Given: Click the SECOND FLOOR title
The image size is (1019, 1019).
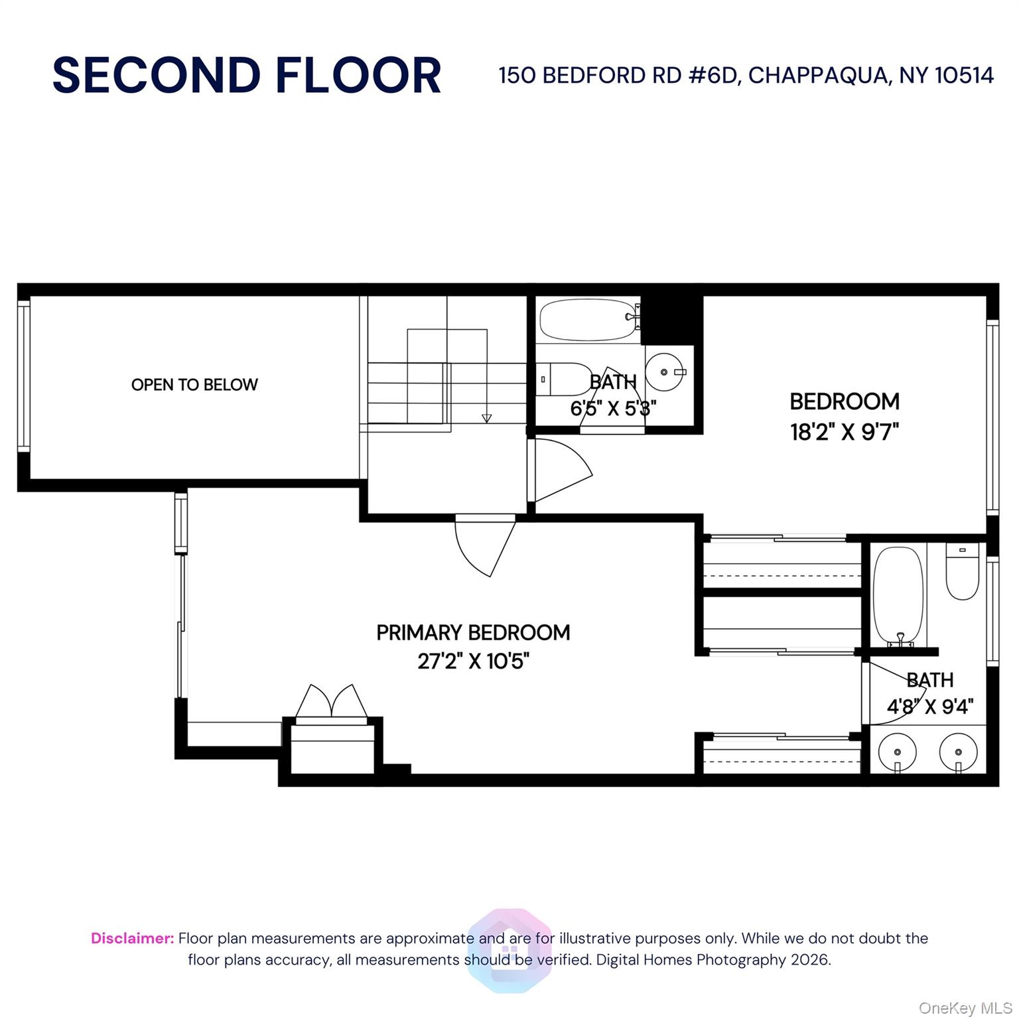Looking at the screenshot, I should (247, 75).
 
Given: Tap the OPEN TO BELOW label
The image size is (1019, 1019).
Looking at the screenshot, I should (194, 385).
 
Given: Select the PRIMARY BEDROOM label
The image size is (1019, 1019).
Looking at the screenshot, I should (473, 633).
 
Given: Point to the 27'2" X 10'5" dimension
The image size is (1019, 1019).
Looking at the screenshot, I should (473, 661).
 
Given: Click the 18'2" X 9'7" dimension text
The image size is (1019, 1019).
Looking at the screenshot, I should (844, 433).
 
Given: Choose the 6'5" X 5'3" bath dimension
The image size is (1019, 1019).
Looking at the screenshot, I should (613, 408).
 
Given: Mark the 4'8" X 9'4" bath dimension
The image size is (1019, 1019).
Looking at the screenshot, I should (930, 707).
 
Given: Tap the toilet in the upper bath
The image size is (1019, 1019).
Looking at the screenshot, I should (565, 379).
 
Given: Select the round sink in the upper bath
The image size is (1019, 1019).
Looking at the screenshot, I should (665, 372).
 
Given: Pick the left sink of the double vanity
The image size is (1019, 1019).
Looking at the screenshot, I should (897, 752).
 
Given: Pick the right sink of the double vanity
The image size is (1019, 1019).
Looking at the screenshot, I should (959, 752).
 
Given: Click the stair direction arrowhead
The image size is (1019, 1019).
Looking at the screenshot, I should (487, 418).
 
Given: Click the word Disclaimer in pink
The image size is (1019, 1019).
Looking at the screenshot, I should (132, 938).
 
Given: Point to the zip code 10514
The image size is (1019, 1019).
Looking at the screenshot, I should (964, 76).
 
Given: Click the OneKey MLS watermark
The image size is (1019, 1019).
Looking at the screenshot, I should (965, 1008).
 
